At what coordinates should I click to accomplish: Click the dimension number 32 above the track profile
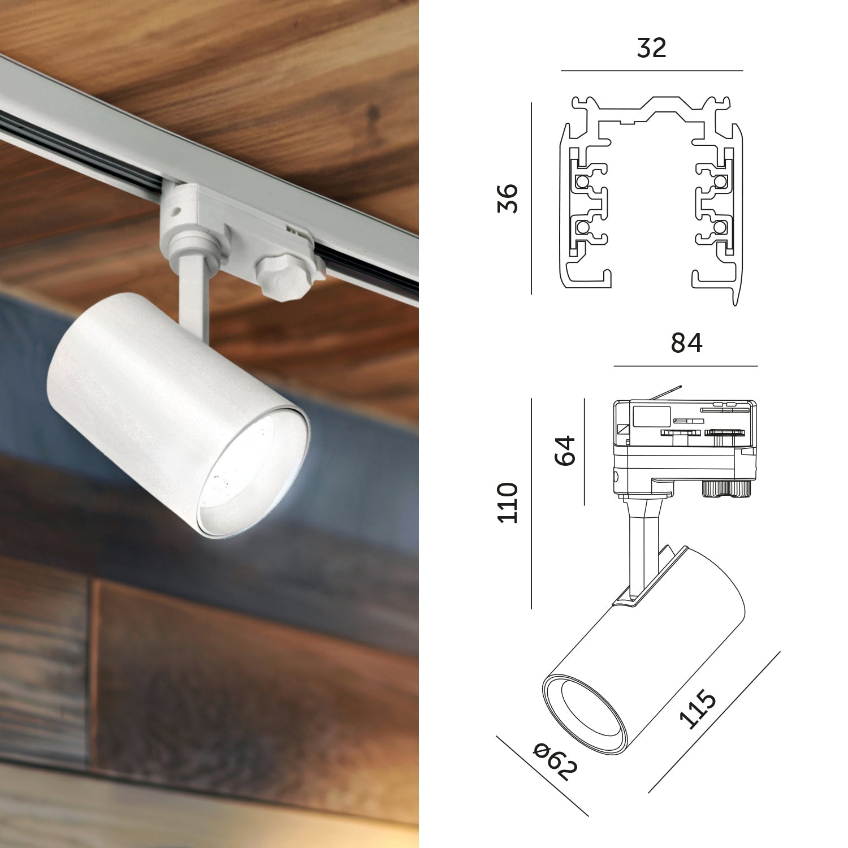coord(651,48)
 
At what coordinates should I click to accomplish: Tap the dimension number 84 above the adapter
coord(686,343)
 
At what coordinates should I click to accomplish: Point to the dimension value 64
coord(565,450)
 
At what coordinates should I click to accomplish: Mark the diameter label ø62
coord(556,761)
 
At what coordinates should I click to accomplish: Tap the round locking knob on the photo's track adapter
coord(281,278)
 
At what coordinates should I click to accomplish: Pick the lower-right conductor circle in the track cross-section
coord(720,227)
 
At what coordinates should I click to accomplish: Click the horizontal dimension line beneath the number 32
coord(651,71)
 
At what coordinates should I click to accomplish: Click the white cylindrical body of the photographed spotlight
coord(141,384)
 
